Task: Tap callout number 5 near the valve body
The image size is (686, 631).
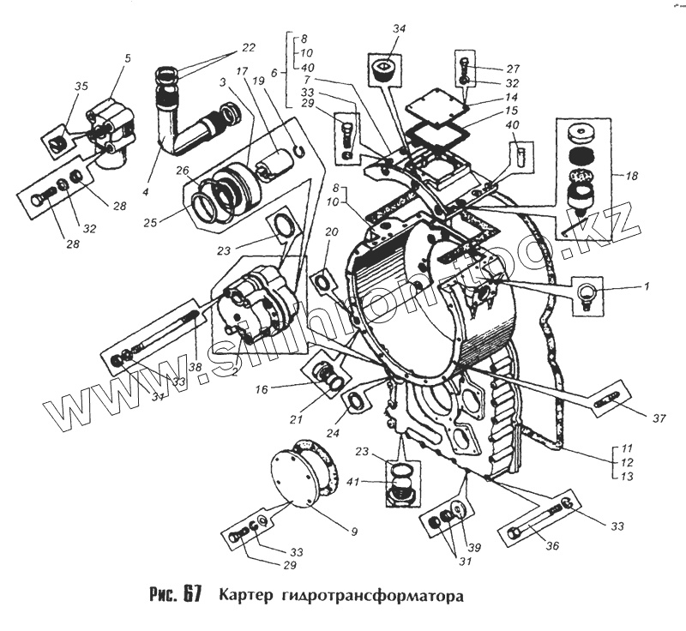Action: (x=128, y=59)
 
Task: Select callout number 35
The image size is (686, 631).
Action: (x=81, y=86)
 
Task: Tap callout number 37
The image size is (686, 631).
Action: (x=659, y=418)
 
